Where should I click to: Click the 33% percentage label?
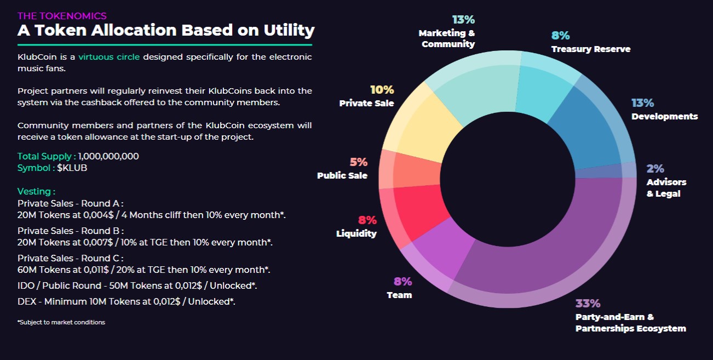588,304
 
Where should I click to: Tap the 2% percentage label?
655,169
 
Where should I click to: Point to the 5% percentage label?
359,162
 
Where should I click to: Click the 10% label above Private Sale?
382,90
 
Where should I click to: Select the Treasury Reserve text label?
590,49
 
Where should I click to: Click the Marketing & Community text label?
447,38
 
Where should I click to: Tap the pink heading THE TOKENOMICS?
62,16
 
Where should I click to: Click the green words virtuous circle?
109,57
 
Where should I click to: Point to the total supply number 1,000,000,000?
108,156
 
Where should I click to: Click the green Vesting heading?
36,191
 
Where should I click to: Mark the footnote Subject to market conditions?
61,322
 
